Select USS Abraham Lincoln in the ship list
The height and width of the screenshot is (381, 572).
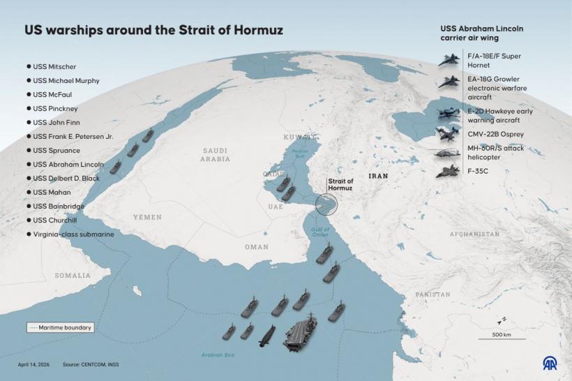pyautogui.click(x=68, y=165)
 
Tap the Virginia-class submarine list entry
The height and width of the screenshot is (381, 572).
pyautogui.click(x=73, y=234)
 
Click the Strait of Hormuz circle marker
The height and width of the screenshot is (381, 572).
pyautogui.click(x=326, y=204)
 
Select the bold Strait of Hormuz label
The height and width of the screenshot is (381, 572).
pyautogui.click(x=341, y=184)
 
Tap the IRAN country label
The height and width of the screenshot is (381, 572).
pyautogui.click(x=378, y=177)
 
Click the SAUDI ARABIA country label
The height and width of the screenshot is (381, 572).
pyautogui.click(x=216, y=155)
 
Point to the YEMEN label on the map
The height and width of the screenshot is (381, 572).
pyautogui.click(x=147, y=217)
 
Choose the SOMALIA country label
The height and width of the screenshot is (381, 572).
pyautogui.click(x=73, y=276)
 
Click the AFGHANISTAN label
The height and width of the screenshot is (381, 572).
pyautogui.click(x=474, y=234)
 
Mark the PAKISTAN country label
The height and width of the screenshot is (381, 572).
pyautogui.click(x=433, y=295)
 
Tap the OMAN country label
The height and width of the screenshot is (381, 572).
pyautogui.click(x=256, y=247)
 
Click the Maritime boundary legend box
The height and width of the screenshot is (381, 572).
pyautogui.click(x=60, y=327)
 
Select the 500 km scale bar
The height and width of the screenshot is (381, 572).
pyautogui.click(x=501, y=337)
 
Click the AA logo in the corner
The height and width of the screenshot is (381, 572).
pyautogui.click(x=550, y=363)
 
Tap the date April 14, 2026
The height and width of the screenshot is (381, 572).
pyautogui.click(x=33, y=365)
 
